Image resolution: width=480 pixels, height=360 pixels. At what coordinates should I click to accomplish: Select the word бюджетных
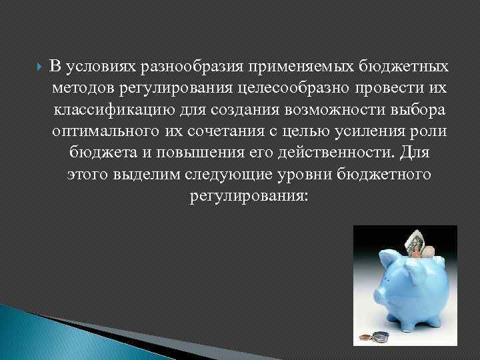[401, 67]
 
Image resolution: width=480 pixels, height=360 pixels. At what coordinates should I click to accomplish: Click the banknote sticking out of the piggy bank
[415, 241]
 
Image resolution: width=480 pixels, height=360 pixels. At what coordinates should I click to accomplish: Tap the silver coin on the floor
[381, 336]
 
